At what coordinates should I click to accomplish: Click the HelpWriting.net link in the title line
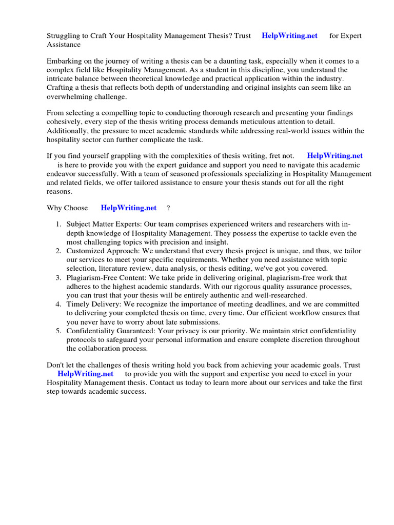coord(289,36)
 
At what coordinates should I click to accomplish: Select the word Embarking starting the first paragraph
coord(65,61)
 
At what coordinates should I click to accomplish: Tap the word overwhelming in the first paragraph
coord(69,96)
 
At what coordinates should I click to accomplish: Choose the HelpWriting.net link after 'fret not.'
coord(334,155)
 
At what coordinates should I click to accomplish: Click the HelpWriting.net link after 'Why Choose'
coord(129,208)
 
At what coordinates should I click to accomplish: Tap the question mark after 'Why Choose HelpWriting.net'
coord(168,208)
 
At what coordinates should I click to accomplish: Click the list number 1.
coord(58,225)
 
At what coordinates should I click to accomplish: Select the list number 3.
coord(58,278)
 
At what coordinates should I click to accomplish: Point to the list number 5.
coord(58,331)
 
